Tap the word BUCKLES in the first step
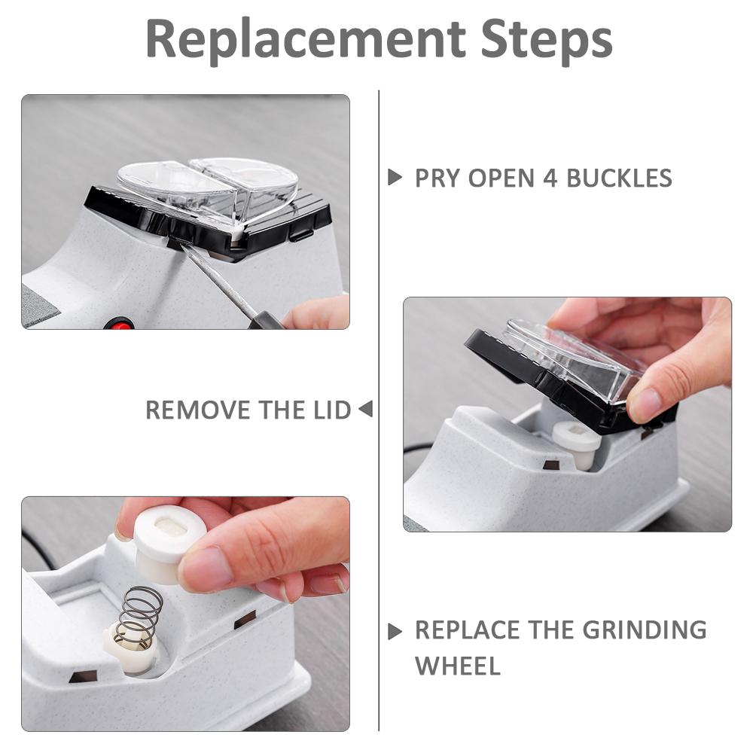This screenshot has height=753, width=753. pyautogui.click(x=620, y=178)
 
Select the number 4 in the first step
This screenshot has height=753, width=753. pyautogui.click(x=550, y=178)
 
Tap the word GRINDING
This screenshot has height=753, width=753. pyautogui.click(x=645, y=630)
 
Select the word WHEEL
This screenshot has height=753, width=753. pyautogui.click(x=458, y=666)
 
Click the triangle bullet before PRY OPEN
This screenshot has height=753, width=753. pyautogui.click(x=395, y=177)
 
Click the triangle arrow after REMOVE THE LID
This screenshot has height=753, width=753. pyautogui.click(x=366, y=409)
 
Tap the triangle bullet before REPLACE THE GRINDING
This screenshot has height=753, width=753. pyautogui.click(x=395, y=632)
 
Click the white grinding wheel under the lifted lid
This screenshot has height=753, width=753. pyautogui.click(x=576, y=444)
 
